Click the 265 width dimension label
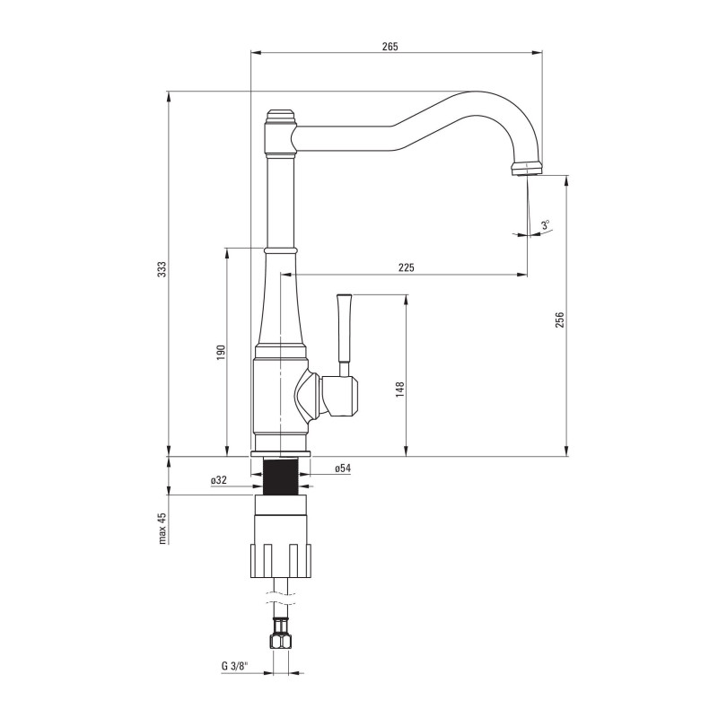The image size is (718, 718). point(389,46)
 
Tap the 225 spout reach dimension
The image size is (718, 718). point(406,267)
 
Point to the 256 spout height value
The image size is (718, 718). point(558,320)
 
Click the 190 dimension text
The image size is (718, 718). point(220,353)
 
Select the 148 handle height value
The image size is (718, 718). point(400,388)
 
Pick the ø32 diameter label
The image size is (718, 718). point(218,481)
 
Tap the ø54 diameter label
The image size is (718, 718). point(342,468)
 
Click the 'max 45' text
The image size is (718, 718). point(162,529)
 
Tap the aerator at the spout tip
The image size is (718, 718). point(528,168)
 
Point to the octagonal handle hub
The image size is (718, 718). point(340,397)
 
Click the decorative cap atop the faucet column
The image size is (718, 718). point(279,117)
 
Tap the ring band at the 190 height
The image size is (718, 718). point(279,248)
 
